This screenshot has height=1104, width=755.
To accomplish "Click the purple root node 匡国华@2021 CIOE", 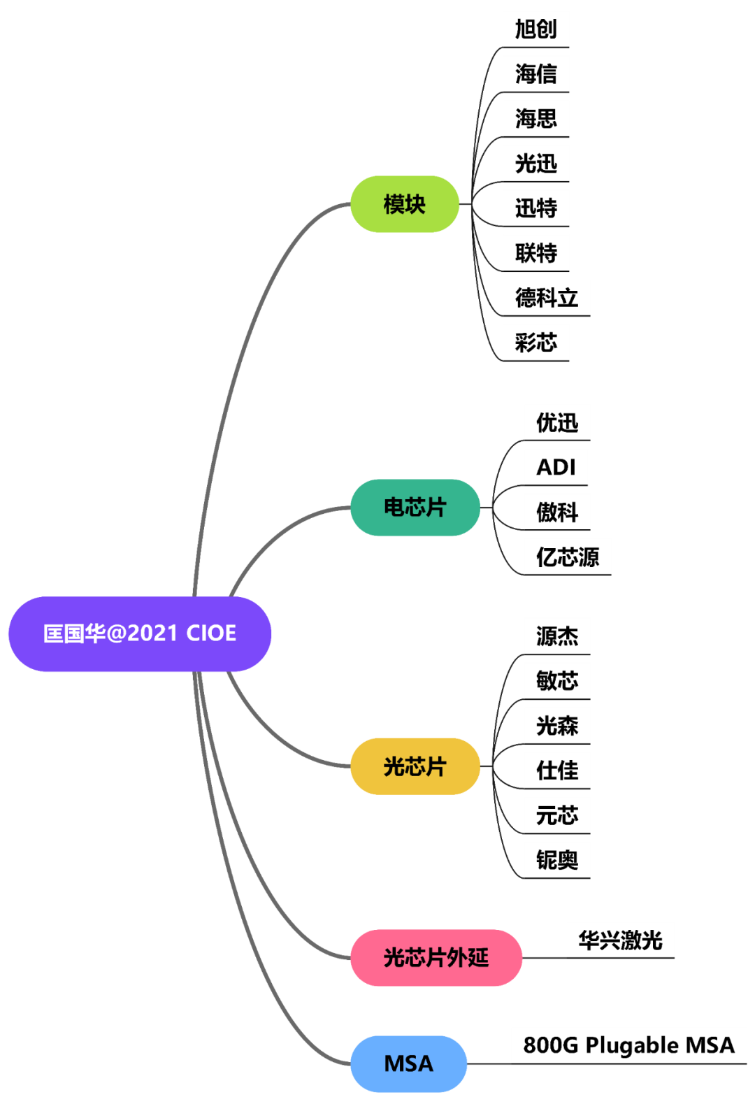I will pos(140,633).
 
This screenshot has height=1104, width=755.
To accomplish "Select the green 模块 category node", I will pos(405,204).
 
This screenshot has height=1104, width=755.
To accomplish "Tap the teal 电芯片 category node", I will pos(415,508).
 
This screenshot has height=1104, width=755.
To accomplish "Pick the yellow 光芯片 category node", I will pos(415,766).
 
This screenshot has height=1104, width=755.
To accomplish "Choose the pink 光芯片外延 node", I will pos(436,957).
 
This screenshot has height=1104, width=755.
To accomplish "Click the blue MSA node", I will pos(409,1063).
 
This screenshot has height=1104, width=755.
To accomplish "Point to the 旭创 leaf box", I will pos(536,29).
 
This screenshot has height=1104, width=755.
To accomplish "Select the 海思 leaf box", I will pos(536,118).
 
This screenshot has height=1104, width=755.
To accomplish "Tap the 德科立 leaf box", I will pos(547,298).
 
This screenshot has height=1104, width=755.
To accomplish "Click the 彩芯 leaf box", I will pos(536,343).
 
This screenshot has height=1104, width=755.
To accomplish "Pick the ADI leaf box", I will pos(556,467).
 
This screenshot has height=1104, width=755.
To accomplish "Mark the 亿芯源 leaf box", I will pos(568,557).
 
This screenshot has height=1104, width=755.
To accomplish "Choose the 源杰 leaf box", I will pos(557,636).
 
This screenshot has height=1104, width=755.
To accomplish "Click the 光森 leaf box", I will pos(557,725).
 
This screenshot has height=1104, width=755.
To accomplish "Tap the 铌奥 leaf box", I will pos(557,859).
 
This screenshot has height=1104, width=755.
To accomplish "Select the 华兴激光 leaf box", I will pos(620,940).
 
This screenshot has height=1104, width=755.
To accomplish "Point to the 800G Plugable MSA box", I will pos(628,1045).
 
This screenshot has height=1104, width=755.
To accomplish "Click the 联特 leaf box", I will pos(536,252).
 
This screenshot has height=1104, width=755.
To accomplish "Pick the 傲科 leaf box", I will pos(557,512).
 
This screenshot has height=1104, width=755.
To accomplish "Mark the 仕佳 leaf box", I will pos(557,770).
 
